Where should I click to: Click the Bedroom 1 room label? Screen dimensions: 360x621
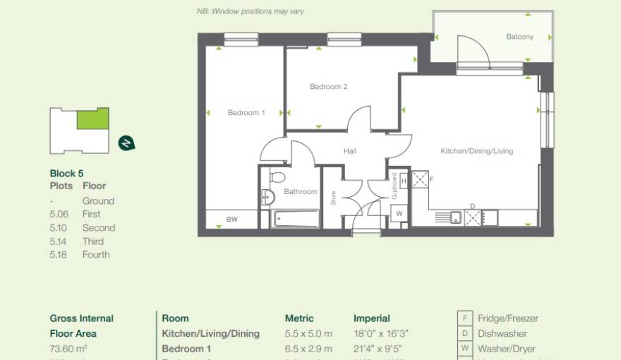[246, 113]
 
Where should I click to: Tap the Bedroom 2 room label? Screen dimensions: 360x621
[329, 87]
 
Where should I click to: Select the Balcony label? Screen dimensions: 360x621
[519, 37]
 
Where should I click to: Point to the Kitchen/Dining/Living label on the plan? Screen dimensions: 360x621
[476, 151]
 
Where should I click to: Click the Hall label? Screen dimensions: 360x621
[350, 151]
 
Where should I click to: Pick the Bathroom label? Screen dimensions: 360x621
[301, 192]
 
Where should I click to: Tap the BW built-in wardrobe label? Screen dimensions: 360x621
[232, 220]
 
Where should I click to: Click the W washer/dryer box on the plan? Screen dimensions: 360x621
[399, 213]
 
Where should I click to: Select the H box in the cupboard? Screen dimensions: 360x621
[403, 181]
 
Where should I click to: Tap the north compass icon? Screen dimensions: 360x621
[126, 143]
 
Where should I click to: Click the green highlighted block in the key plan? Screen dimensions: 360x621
[92, 119]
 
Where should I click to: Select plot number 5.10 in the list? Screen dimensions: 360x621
[61, 228]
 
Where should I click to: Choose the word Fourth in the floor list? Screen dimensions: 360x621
[96, 255]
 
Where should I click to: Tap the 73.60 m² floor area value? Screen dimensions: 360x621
[67, 349]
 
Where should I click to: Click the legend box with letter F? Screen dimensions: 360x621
[466, 318]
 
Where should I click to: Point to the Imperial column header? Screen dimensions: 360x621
[372, 318]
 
